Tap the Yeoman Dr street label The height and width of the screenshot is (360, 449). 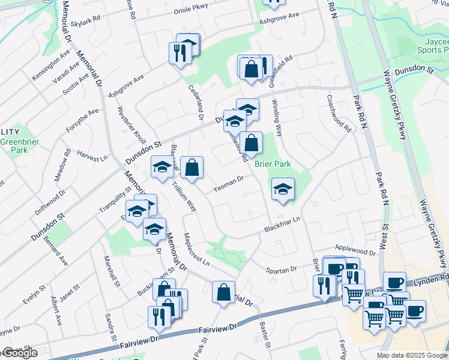point(228,184)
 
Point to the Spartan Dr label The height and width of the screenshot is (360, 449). point(282,269)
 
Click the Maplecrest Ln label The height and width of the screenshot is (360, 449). point(196,250)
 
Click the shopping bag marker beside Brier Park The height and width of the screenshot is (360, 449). point(253,143)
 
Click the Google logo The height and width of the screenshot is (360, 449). point(19,353)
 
